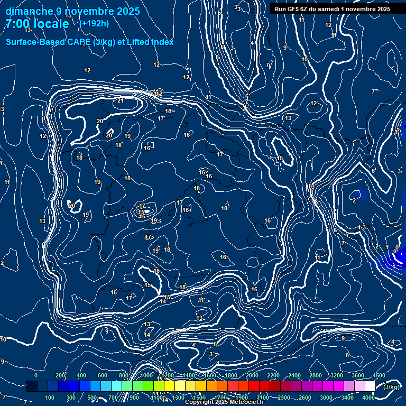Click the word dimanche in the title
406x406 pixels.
pyautogui.click(x=27, y=11)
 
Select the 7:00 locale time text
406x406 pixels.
pyautogui.click(x=37, y=24)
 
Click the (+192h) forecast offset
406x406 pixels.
pyautogui.click(x=94, y=23)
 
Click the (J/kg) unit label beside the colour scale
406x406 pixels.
pyautogui.click(x=391, y=387)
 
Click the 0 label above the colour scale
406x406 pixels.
pyautogui.click(x=36, y=375)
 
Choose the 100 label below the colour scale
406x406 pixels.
pyautogui.click(x=50, y=398)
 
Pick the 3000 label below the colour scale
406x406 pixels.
pyautogui.click(x=326, y=398)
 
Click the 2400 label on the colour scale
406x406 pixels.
pyautogui.click(x=294, y=375)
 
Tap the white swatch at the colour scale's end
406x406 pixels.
pyautogui.click(x=370, y=386)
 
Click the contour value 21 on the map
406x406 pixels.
pyautogui.click(x=121, y=100)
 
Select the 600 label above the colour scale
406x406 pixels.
pyautogui.click(x=103, y=375)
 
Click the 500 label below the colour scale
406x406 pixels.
pyautogui.click(x=93, y=398)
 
